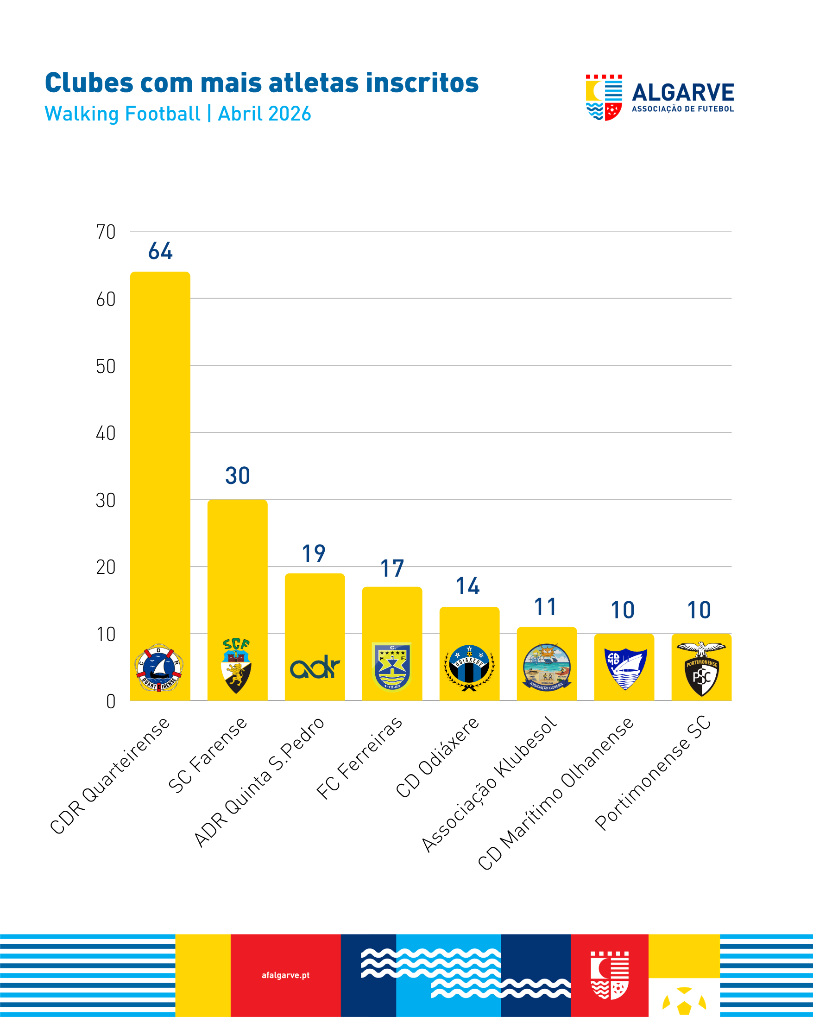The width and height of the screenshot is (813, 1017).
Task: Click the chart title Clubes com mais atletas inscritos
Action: click(x=262, y=83)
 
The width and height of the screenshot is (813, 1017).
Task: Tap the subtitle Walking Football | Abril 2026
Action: click(x=178, y=114)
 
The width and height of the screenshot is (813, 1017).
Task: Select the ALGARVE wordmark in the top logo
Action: click(x=682, y=92)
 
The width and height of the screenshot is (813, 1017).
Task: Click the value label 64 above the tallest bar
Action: click(x=160, y=251)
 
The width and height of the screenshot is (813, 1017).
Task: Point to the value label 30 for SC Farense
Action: click(x=238, y=476)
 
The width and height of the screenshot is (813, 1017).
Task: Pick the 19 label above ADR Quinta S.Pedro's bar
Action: click(x=314, y=553)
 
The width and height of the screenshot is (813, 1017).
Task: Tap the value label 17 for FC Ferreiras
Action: click(x=392, y=568)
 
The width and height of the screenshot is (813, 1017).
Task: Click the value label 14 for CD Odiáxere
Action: click(x=468, y=586)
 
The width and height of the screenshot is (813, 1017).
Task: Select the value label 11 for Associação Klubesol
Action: click(x=545, y=607)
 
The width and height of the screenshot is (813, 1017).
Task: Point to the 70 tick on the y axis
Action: click(x=106, y=232)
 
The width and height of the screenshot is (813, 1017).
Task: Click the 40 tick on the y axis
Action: click(x=106, y=433)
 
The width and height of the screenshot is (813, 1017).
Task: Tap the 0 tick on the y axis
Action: click(x=111, y=701)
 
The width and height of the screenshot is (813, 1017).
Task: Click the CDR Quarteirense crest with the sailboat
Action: click(x=159, y=667)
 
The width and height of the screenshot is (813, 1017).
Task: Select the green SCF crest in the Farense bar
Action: click(x=236, y=665)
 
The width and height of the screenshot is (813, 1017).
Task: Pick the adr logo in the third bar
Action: click(x=315, y=667)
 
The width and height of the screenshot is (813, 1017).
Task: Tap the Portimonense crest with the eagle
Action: click(x=701, y=668)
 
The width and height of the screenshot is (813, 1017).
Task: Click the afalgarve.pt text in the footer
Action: click(x=286, y=975)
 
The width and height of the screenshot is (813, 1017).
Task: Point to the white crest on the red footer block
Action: click(x=610, y=975)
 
